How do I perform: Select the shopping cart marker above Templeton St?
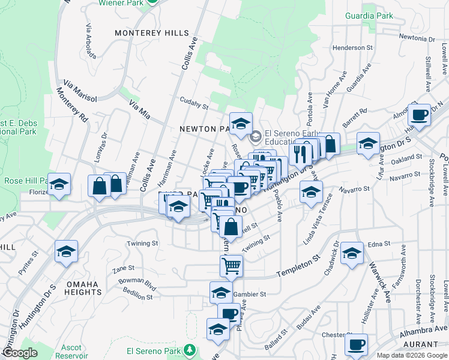(x=231, y=265)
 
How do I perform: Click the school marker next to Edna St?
(x=352, y=253)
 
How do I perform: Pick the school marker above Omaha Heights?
(x=66, y=251)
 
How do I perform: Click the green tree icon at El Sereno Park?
(x=190, y=349)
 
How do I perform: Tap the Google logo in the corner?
(x=19, y=353)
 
